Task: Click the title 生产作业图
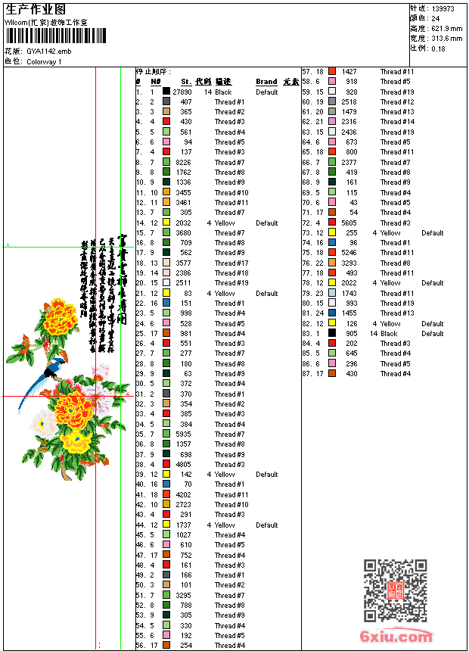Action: [x=35, y=9]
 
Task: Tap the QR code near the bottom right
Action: [x=395, y=590]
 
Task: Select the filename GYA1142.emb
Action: [x=48, y=51]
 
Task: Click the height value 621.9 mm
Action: [x=446, y=28]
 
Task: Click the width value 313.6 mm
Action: [x=446, y=38]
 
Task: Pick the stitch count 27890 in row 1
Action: [x=182, y=92]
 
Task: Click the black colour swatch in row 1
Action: [x=166, y=92]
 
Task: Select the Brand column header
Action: [x=266, y=82]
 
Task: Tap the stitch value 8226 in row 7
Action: [x=184, y=162]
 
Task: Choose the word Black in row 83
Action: [x=389, y=334]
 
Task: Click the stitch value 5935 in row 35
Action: [x=184, y=435]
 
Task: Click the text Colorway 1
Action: [x=44, y=61]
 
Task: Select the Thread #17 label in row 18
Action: [x=231, y=263]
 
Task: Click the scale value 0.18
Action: [x=438, y=48]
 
